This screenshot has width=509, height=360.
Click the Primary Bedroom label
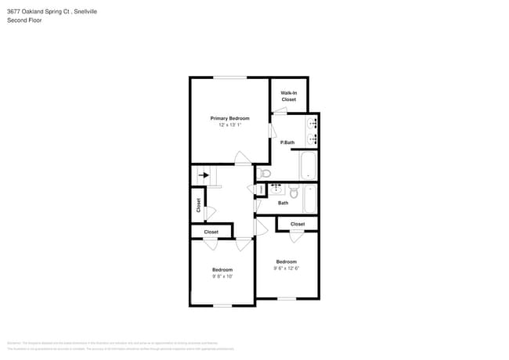(x=229, y=118)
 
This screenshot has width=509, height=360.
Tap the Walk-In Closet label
(x=288, y=96)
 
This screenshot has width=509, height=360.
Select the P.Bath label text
(x=287, y=142)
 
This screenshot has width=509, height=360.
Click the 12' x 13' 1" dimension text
(x=229, y=125)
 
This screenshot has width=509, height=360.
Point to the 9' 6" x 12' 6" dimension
(x=286, y=268)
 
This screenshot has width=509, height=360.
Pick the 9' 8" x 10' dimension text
(x=222, y=276)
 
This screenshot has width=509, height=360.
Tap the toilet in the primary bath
(x=265, y=173)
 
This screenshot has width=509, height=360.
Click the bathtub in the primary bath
(x=309, y=165)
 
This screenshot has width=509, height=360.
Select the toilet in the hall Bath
(x=294, y=192)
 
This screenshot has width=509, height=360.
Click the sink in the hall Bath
(x=276, y=189)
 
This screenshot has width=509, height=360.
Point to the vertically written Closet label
(x=199, y=205)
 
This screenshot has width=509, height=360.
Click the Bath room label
(x=283, y=203)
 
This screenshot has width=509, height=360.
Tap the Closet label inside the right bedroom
(x=298, y=225)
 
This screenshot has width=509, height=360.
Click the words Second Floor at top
(x=24, y=20)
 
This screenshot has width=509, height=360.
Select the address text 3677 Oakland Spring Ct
(x=38, y=12)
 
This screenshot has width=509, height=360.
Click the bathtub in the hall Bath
(x=309, y=198)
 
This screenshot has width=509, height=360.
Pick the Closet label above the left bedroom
(x=211, y=232)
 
